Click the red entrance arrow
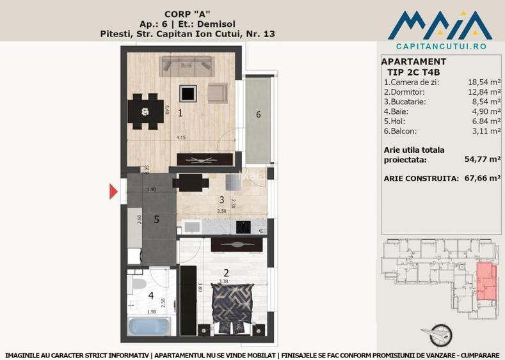(114, 190)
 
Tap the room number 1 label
(180, 113)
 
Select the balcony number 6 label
(258, 114)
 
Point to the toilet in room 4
(137, 283)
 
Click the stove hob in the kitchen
(244, 226)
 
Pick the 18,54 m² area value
(483, 82)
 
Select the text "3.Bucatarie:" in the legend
(405, 102)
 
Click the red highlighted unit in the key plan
(486, 281)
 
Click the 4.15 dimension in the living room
(183, 137)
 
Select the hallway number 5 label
(156, 219)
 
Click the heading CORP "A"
(188, 13)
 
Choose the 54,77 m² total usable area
(481, 160)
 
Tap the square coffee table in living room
(188, 94)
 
